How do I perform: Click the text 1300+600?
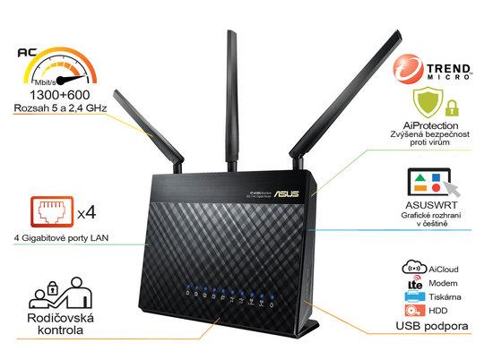(x=55, y=95)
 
